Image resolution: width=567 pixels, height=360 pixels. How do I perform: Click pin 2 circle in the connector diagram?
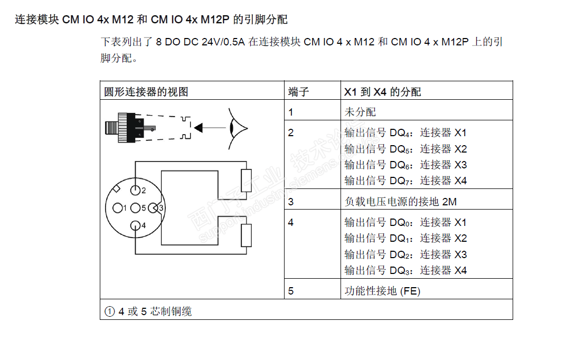click(135, 190)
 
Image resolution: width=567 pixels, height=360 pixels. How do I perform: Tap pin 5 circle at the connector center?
click(135, 208)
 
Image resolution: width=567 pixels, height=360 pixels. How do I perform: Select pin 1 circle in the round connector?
click(118, 208)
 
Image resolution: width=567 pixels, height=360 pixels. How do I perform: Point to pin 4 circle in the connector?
click(135, 225)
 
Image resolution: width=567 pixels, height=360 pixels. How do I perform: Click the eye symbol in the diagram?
click(237, 128)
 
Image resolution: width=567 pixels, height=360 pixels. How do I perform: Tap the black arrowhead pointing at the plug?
click(198, 128)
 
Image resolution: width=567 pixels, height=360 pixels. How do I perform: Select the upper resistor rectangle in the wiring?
click(246, 181)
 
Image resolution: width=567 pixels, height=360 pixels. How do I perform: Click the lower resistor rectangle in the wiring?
click(246, 235)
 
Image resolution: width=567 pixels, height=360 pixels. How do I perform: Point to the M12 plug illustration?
click(130, 128)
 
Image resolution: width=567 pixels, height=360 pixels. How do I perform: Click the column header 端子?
click(298, 92)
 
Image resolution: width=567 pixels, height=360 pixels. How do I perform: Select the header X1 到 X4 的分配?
click(383, 92)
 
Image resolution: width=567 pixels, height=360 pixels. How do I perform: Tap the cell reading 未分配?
click(360, 112)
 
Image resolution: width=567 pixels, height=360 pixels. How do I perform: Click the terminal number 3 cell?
click(291, 202)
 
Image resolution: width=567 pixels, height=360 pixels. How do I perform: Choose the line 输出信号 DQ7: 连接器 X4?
click(406, 181)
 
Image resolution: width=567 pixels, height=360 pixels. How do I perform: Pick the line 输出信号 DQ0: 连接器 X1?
click(405, 222)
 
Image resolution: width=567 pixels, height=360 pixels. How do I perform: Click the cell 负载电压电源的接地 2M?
click(401, 202)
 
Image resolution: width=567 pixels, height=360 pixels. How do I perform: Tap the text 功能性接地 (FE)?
click(383, 291)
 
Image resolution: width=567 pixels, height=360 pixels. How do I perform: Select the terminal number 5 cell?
click(291, 291)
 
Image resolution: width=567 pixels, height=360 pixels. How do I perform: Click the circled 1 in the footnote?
click(110, 311)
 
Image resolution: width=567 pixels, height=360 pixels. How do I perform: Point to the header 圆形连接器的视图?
click(146, 92)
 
